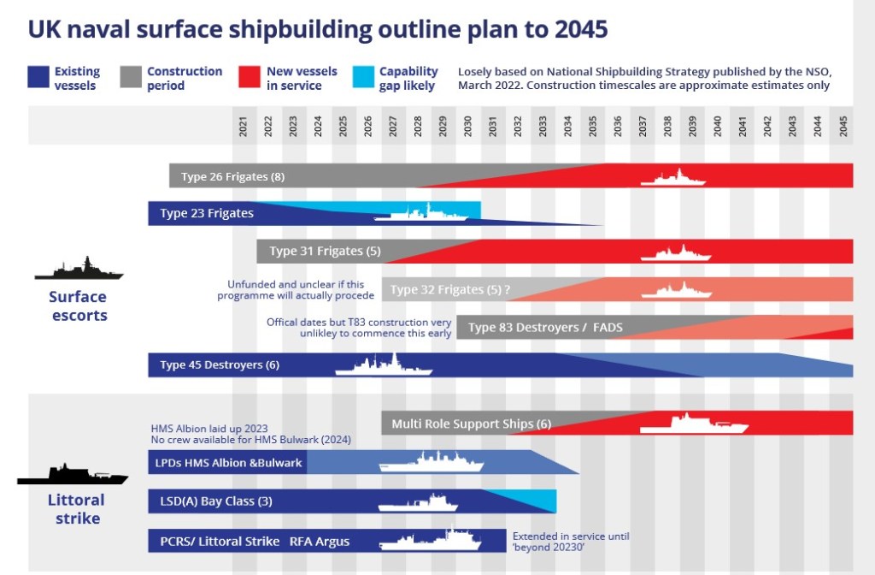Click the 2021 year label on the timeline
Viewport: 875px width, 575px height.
(x=244, y=127)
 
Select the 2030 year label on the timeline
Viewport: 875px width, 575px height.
(x=467, y=127)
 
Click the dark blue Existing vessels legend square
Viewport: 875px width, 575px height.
(x=37, y=77)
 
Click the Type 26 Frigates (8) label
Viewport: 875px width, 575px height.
(x=232, y=177)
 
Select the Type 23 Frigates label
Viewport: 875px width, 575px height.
(x=207, y=213)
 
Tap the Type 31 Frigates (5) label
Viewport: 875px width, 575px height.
(x=325, y=251)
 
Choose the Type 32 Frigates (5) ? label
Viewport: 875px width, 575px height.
(x=450, y=289)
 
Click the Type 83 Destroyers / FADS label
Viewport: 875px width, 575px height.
(x=545, y=327)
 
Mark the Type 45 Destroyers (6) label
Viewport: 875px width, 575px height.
(x=220, y=365)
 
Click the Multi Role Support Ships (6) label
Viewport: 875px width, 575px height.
(x=471, y=424)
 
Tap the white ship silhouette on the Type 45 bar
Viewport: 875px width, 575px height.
(x=384, y=365)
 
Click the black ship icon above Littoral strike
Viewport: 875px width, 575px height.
(x=73, y=474)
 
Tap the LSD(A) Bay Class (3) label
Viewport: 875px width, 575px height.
(x=216, y=501)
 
